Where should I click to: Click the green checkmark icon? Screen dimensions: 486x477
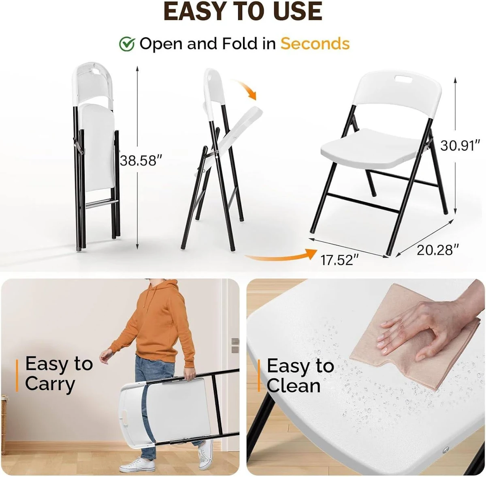[x=127, y=44]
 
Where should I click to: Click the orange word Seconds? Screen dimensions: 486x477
[x=315, y=43]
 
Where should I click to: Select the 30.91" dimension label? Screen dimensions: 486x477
[x=460, y=146]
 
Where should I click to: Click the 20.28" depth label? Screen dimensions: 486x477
[x=437, y=250]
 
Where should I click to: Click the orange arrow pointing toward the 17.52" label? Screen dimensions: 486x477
[x=280, y=256]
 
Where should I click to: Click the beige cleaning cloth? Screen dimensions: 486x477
[x=414, y=354]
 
